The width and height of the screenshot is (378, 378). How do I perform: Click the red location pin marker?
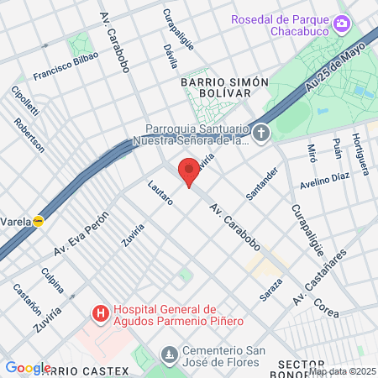pos(189,172)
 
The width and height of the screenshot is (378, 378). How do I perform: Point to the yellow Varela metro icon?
pos(38,221)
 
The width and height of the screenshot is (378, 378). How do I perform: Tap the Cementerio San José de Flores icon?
pos(171,353)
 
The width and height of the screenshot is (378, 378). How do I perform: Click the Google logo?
pos(28,368)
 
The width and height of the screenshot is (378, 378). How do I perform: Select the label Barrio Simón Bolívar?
pos(223,87)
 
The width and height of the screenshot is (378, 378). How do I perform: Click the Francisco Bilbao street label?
pos(66,66)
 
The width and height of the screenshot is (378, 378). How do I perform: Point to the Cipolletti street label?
pos(20,102)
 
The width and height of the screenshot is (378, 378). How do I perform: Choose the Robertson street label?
pos(29,134)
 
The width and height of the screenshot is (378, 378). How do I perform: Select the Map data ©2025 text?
pos(342,371)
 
